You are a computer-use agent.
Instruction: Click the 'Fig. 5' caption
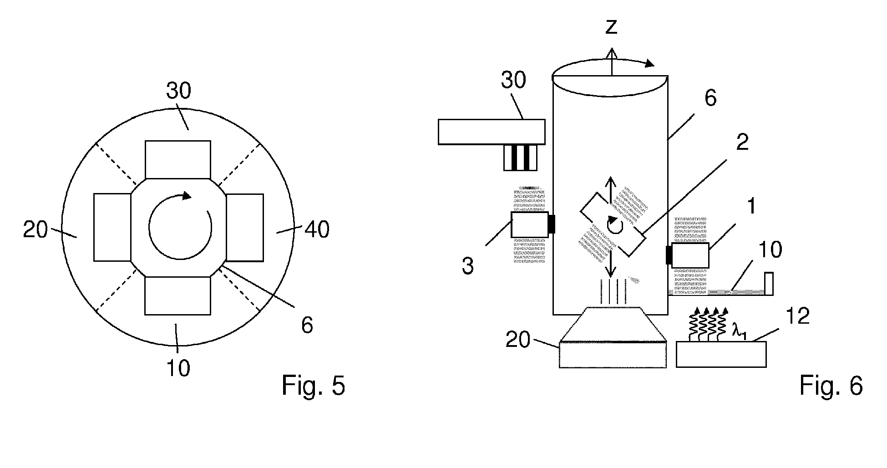tap(313, 386)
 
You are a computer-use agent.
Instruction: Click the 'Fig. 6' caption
tap(831, 386)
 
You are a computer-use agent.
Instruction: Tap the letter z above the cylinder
tap(611, 27)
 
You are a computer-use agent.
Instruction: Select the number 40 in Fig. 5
tap(317, 230)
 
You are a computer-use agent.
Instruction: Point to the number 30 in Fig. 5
tap(178, 92)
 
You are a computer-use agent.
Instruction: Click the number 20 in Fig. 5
tap(35, 230)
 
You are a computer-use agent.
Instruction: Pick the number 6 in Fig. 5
tap(307, 326)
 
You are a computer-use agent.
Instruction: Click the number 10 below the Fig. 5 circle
tap(178, 368)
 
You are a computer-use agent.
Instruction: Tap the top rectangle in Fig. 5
tap(178, 159)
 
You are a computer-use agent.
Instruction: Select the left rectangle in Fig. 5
tap(112, 227)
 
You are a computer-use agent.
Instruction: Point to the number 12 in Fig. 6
tap(797, 315)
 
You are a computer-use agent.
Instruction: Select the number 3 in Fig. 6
tap(467, 265)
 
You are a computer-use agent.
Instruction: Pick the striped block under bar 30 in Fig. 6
tap(520, 158)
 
